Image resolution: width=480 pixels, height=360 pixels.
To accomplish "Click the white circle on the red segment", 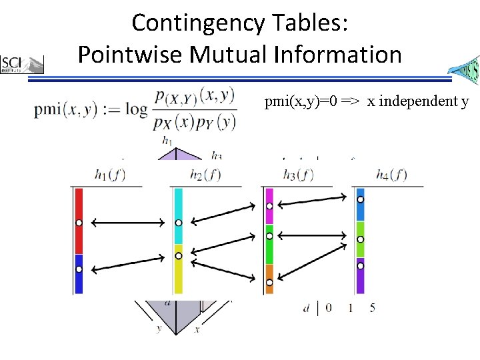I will [x=78, y=222].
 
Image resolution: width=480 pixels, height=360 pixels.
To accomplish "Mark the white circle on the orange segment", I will [x=269, y=283].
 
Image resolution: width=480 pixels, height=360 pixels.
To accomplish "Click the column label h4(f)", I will [x=391, y=175].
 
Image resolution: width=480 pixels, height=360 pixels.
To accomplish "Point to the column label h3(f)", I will [x=297, y=175].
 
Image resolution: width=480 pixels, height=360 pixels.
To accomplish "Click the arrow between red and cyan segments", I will [x=128, y=222].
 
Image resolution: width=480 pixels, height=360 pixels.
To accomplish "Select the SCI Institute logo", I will [x=22, y=64].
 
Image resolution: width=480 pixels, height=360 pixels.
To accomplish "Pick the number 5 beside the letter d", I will [x=372, y=308].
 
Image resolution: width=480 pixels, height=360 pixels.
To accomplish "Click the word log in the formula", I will [x=136, y=109].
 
